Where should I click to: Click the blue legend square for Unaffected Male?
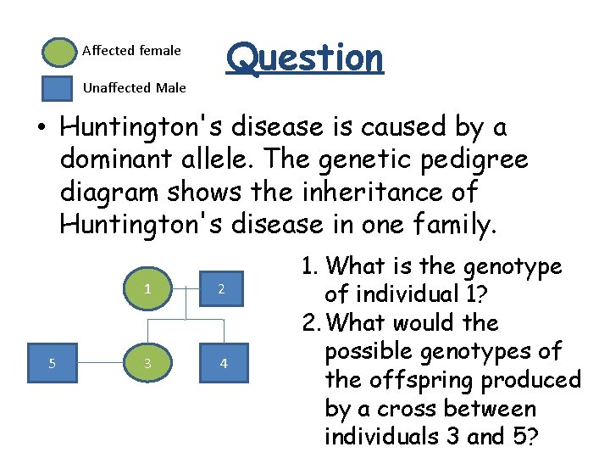coord(58,88)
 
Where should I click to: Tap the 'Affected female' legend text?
coord(131,51)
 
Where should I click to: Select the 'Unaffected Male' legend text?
coord(134,87)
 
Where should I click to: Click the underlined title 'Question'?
coord(305,58)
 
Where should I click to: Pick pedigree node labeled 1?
coord(147,288)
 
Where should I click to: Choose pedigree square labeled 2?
coord(221,288)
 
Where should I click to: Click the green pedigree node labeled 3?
coord(147,363)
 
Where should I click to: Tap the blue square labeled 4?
coord(224,363)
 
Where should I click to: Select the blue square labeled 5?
coord(53,363)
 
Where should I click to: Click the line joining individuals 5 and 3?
coord(100,363)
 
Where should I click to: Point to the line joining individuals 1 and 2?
coord(185,288)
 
